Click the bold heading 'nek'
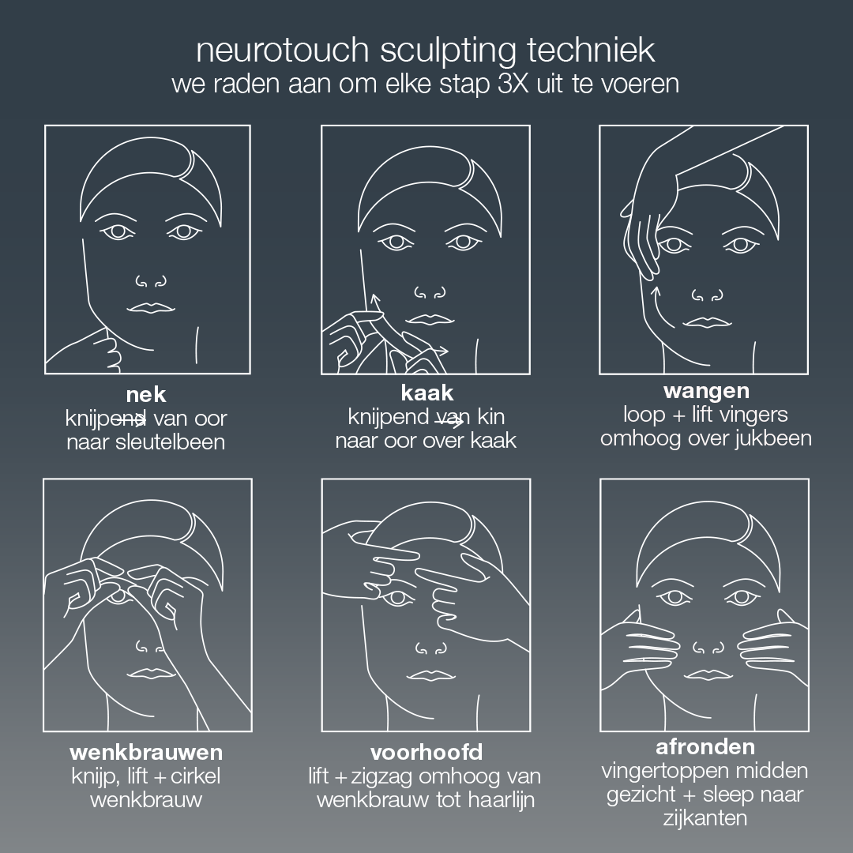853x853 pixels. click(x=146, y=394)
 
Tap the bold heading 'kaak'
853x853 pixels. click(x=426, y=393)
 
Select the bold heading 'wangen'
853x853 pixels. click(x=706, y=391)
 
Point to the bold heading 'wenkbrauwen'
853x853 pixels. click(x=146, y=750)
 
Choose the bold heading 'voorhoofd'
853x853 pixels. click(x=426, y=751)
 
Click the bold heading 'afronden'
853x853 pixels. click(x=705, y=746)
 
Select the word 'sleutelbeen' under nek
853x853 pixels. click(x=179, y=442)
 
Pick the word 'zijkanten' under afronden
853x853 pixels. click(x=705, y=817)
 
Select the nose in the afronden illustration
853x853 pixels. click(x=706, y=649)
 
